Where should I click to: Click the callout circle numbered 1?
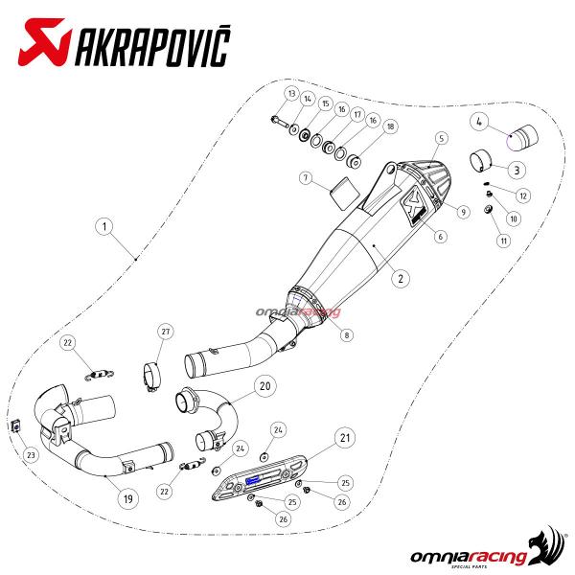pyautogui.click(x=104, y=226)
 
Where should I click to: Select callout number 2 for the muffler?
pyautogui.click(x=401, y=278)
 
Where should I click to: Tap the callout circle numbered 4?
pyautogui.click(x=479, y=122)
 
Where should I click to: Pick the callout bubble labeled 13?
pyautogui.click(x=292, y=94)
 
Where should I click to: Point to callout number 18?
pyautogui.click(x=390, y=126)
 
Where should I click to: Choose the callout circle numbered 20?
pyautogui.click(x=265, y=386)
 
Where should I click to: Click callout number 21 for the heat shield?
pyautogui.click(x=345, y=438)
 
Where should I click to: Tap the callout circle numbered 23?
pyautogui.click(x=31, y=455)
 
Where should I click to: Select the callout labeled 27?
pyautogui.click(x=166, y=332)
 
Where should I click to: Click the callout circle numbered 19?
pyautogui.click(x=128, y=498)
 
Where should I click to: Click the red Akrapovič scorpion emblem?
pyautogui.click(x=43, y=42)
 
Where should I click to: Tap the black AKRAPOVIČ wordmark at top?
pyautogui.click(x=152, y=46)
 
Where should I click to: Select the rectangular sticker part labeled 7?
pyautogui.click(x=344, y=194)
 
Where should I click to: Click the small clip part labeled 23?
pyautogui.click(x=16, y=425)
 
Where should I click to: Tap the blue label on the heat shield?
pyautogui.click(x=253, y=480)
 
